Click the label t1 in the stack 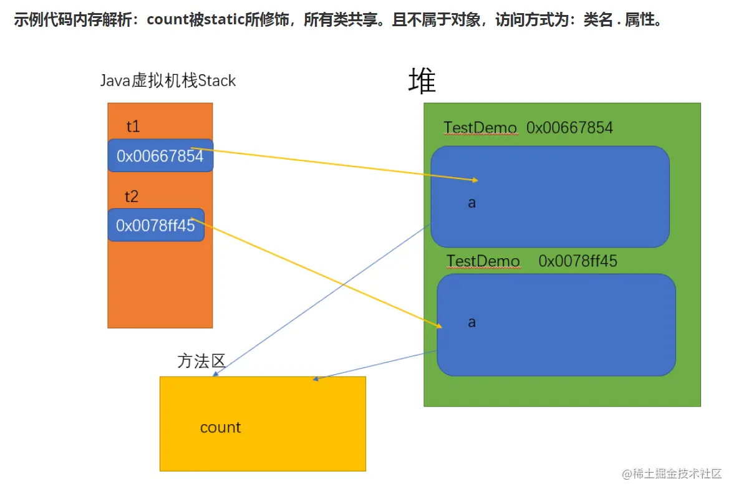(x=133, y=127)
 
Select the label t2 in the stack (x=131, y=197)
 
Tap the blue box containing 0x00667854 (x=160, y=156)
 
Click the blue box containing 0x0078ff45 (x=155, y=225)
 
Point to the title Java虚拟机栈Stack (x=168, y=80)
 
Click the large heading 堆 (x=422, y=80)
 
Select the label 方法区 (x=201, y=361)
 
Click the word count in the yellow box (x=220, y=427)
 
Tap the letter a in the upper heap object (x=472, y=203)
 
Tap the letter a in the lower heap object (x=472, y=322)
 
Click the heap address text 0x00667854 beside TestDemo (x=569, y=128)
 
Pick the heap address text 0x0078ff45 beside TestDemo (x=578, y=261)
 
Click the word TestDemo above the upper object (x=480, y=128)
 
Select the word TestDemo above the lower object (x=483, y=261)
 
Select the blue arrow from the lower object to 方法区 (x=374, y=365)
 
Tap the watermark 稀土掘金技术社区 (x=677, y=473)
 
